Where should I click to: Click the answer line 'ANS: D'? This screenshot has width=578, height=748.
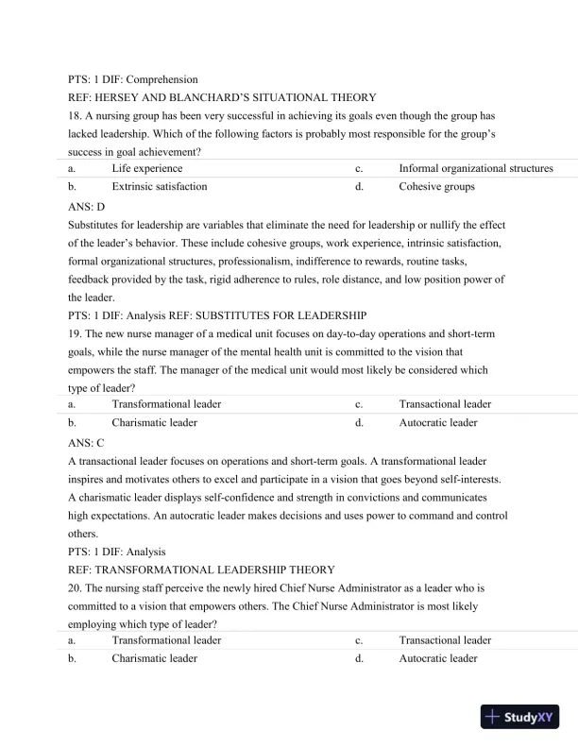(x=87, y=205)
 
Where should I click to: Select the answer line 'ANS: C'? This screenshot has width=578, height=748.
(x=87, y=441)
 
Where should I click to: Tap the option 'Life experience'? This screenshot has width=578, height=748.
(x=146, y=168)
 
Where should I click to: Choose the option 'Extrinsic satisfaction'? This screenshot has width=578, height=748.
(x=159, y=186)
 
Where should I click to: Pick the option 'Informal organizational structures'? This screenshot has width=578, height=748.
(x=476, y=168)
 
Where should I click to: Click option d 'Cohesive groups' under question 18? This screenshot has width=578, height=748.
(x=437, y=186)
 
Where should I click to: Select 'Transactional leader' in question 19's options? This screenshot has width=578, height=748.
(x=445, y=404)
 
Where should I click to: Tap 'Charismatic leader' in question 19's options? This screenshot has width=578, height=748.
(x=154, y=422)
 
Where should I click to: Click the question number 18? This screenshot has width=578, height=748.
(x=76, y=114)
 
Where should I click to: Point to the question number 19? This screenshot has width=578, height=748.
(x=76, y=333)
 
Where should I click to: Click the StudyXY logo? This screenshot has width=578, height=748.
(x=520, y=716)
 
